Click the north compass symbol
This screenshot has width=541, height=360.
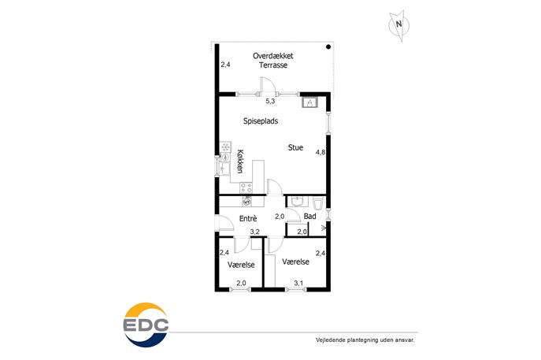pos(399,25)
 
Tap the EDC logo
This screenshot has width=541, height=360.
pos(146,325)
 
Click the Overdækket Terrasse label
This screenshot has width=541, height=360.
pos(273,61)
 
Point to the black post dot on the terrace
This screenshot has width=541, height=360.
pos(328,46)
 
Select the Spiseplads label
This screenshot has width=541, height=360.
pos(261,121)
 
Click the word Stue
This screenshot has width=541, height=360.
pos(295,147)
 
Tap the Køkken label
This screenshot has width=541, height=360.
pos(240,161)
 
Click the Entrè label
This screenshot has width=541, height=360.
pos(248,218)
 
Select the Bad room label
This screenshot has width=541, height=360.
pos(309,217)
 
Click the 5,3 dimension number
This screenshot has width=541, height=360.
pos(270,101)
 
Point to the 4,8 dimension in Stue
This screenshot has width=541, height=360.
pos(321,152)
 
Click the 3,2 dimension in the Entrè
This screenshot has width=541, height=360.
pos(254,232)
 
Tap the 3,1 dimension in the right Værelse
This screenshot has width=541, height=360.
pos(298,283)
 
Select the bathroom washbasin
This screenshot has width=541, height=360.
pos(296,201)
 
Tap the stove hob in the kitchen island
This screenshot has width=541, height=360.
pos(246,187)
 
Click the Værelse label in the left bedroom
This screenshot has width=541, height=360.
pos(241,265)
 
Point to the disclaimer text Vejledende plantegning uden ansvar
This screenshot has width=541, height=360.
pos(365,340)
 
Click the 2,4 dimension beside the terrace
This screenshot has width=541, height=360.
pos(226,65)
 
